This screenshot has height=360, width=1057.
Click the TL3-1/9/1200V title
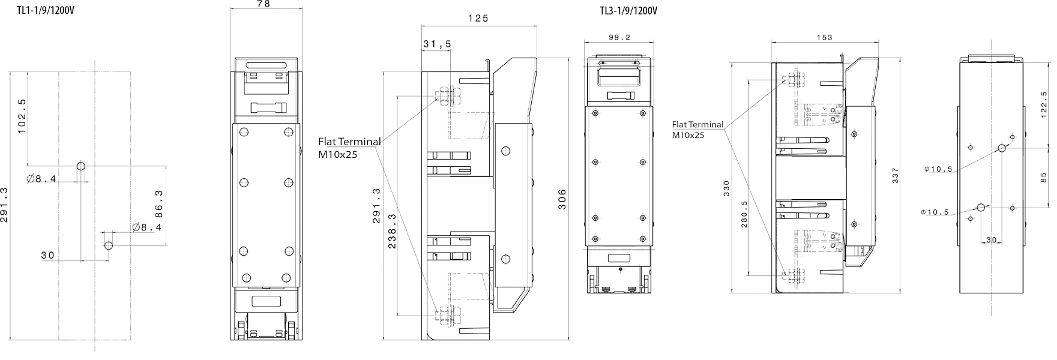pyautogui.click(x=627, y=10)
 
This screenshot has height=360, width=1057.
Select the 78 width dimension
pyautogui.click(x=263, y=4)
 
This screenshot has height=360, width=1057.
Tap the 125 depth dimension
pyautogui.click(x=478, y=19)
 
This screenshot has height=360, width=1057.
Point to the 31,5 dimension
pyautogui.click(x=437, y=44)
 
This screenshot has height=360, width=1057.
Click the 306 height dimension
pyautogui.click(x=562, y=199)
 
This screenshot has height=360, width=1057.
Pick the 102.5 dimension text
pyautogui.click(x=22, y=116)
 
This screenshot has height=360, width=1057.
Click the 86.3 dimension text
pyautogui.click(x=159, y=204)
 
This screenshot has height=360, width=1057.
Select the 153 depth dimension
pyautogui.click(x=825, y=38)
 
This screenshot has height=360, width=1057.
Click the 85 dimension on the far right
pyautogui.click(x=1044, y=178)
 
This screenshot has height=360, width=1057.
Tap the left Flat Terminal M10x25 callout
pyautogui.click(x=349, y=148)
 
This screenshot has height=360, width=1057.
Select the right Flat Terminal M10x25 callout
pyautogui.click(x=697, y=130)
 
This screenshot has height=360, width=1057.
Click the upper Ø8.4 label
pyautogui.click(x=42, y=179)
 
